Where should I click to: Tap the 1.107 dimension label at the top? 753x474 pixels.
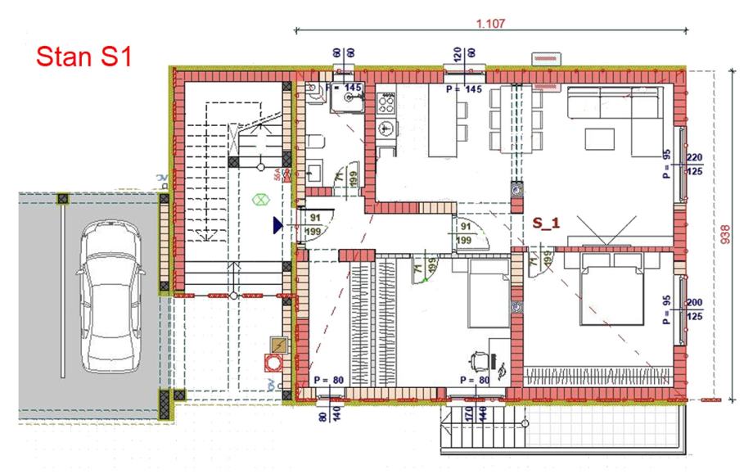pos(489,24)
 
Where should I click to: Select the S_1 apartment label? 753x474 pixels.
pos(548,222)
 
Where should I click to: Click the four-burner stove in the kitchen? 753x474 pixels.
pos(386,103)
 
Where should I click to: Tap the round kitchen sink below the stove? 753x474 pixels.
pos(386,128)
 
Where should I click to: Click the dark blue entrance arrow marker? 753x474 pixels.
pos(279,224)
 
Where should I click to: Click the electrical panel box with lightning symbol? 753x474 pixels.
pos(280,345)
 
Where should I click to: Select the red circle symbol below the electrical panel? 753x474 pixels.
pos(269,363)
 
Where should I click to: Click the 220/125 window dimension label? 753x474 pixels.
pos(694,165)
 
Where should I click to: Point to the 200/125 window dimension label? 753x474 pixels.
pos(695,308)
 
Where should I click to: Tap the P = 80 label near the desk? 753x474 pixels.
pos(474,380)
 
